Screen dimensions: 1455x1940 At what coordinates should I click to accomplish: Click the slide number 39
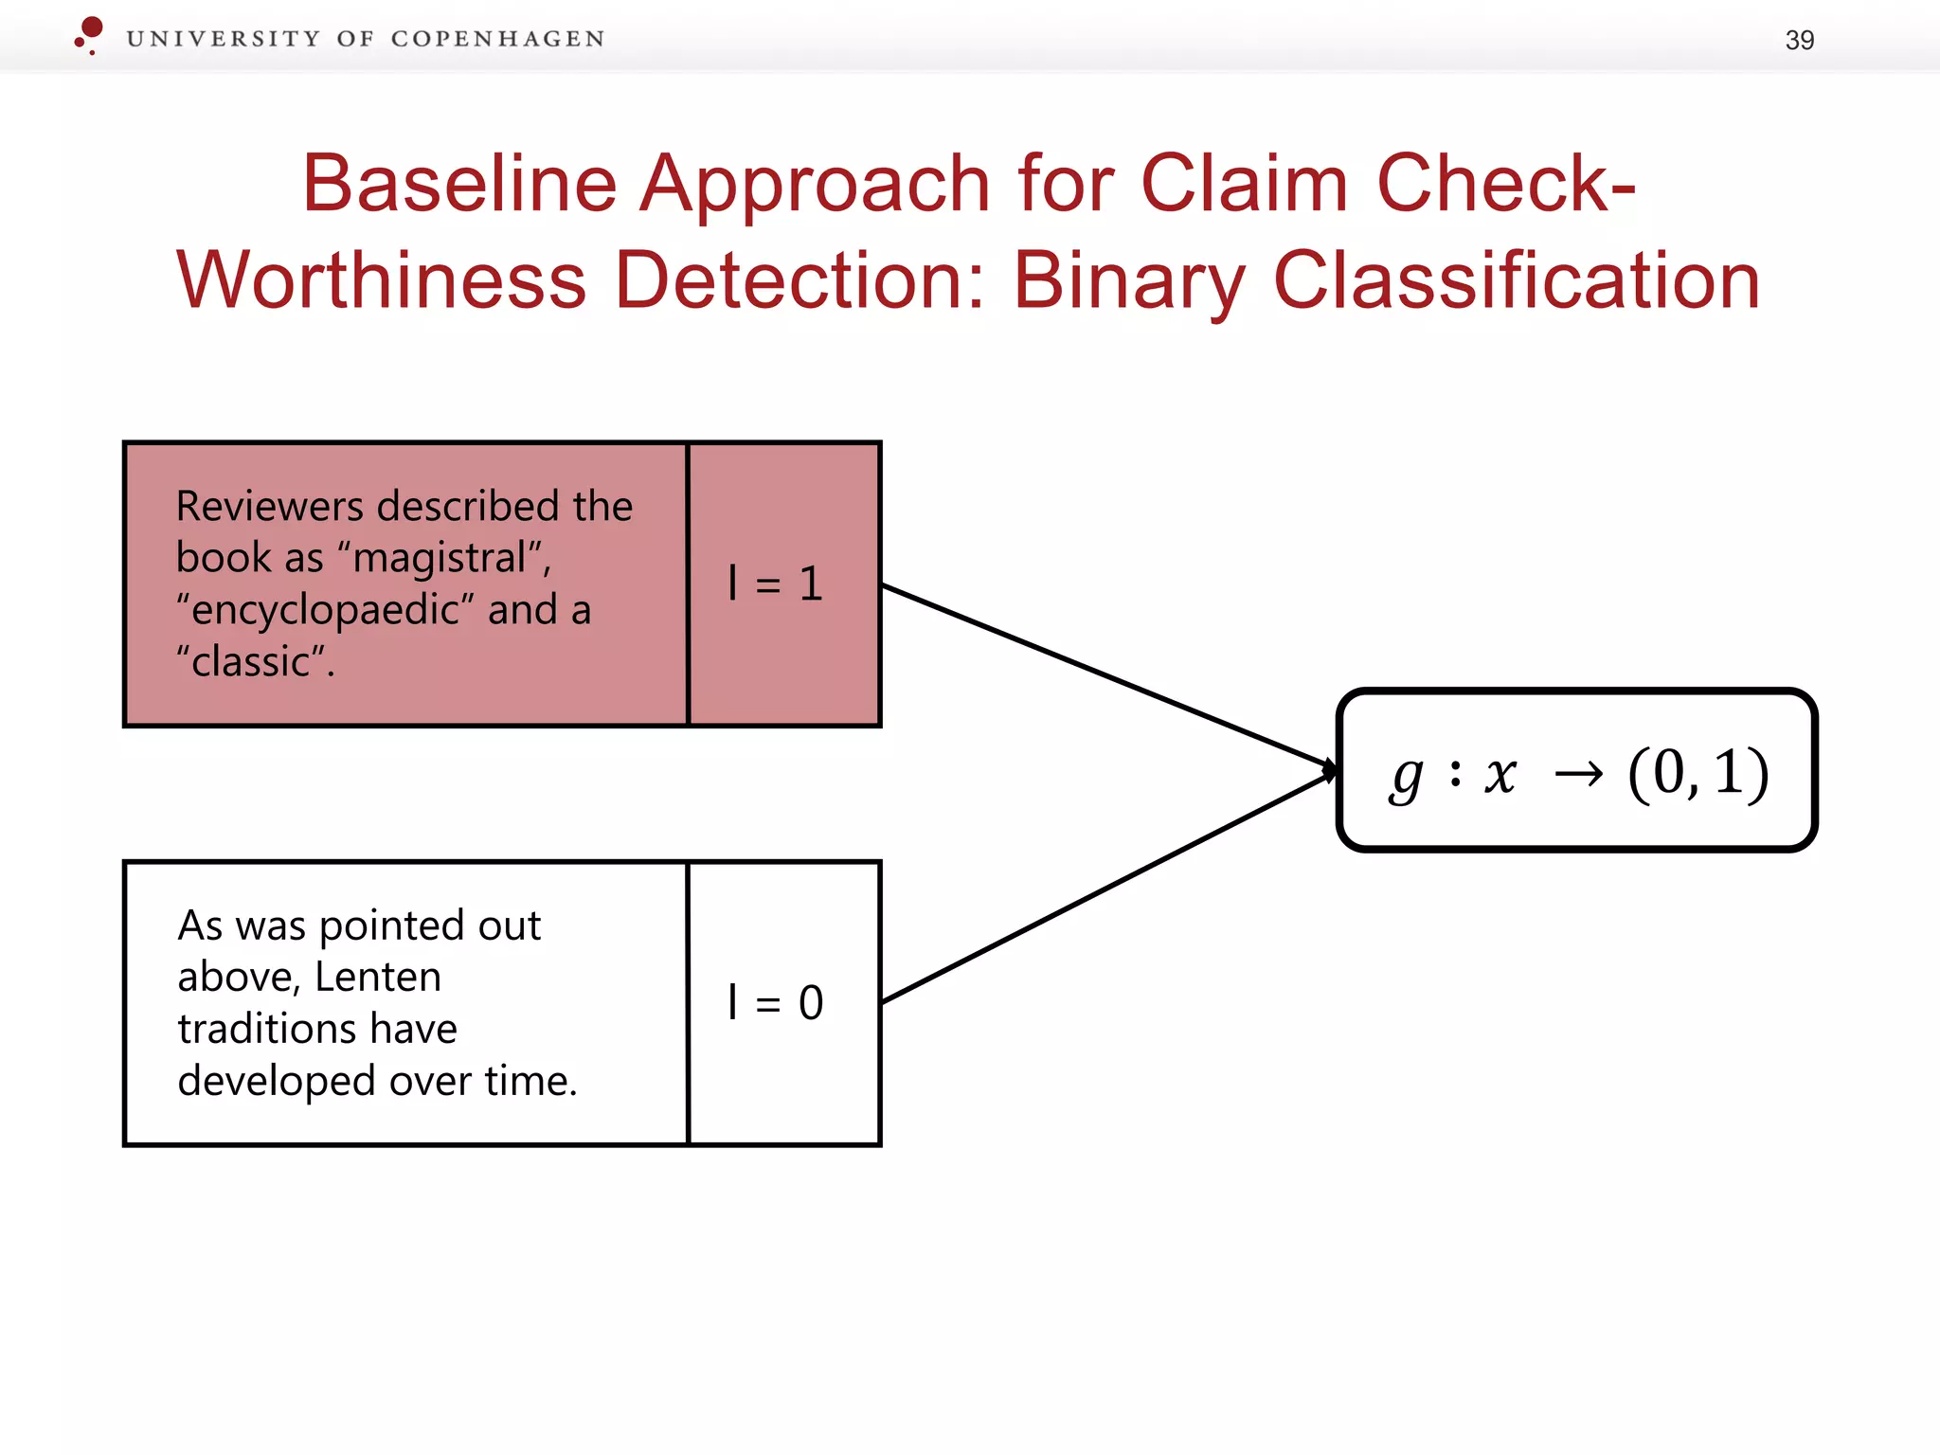pos(1799,40)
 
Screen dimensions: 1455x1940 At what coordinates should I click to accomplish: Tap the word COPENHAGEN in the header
pos(497,39)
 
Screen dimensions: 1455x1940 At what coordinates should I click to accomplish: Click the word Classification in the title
pos(1516,281)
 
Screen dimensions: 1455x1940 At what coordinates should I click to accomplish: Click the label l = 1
pos(775,584)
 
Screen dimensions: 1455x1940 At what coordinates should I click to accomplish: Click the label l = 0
pos(775,1002)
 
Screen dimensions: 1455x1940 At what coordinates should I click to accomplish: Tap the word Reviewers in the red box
pos(274,507)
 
